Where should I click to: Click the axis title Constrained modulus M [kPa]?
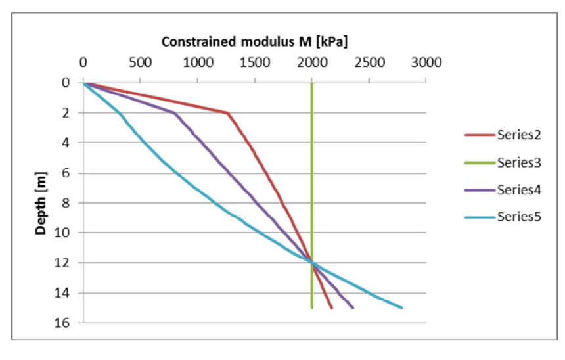pos(255,42)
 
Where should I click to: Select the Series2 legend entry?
pos(503,135)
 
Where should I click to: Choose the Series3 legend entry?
pos(503,162)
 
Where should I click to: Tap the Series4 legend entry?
pos(503,189)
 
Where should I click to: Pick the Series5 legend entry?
pos(503,216)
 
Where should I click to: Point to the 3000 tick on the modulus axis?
pos(426,63)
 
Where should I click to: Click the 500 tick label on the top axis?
pos(141,63)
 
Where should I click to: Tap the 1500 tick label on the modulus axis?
pos(255,63)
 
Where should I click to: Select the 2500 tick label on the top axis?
pos(369,63)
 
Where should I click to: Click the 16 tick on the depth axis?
pos(66,323)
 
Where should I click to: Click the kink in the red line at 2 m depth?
pos(228,113)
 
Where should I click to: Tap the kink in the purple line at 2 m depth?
pos(175,113)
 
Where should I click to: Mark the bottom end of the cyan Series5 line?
pos(401,307)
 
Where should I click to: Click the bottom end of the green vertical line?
pos(312,307)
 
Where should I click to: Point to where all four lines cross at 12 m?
pos(312,263)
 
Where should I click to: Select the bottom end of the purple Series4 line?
pos(353,307)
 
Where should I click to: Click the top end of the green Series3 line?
pos(312,83)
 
